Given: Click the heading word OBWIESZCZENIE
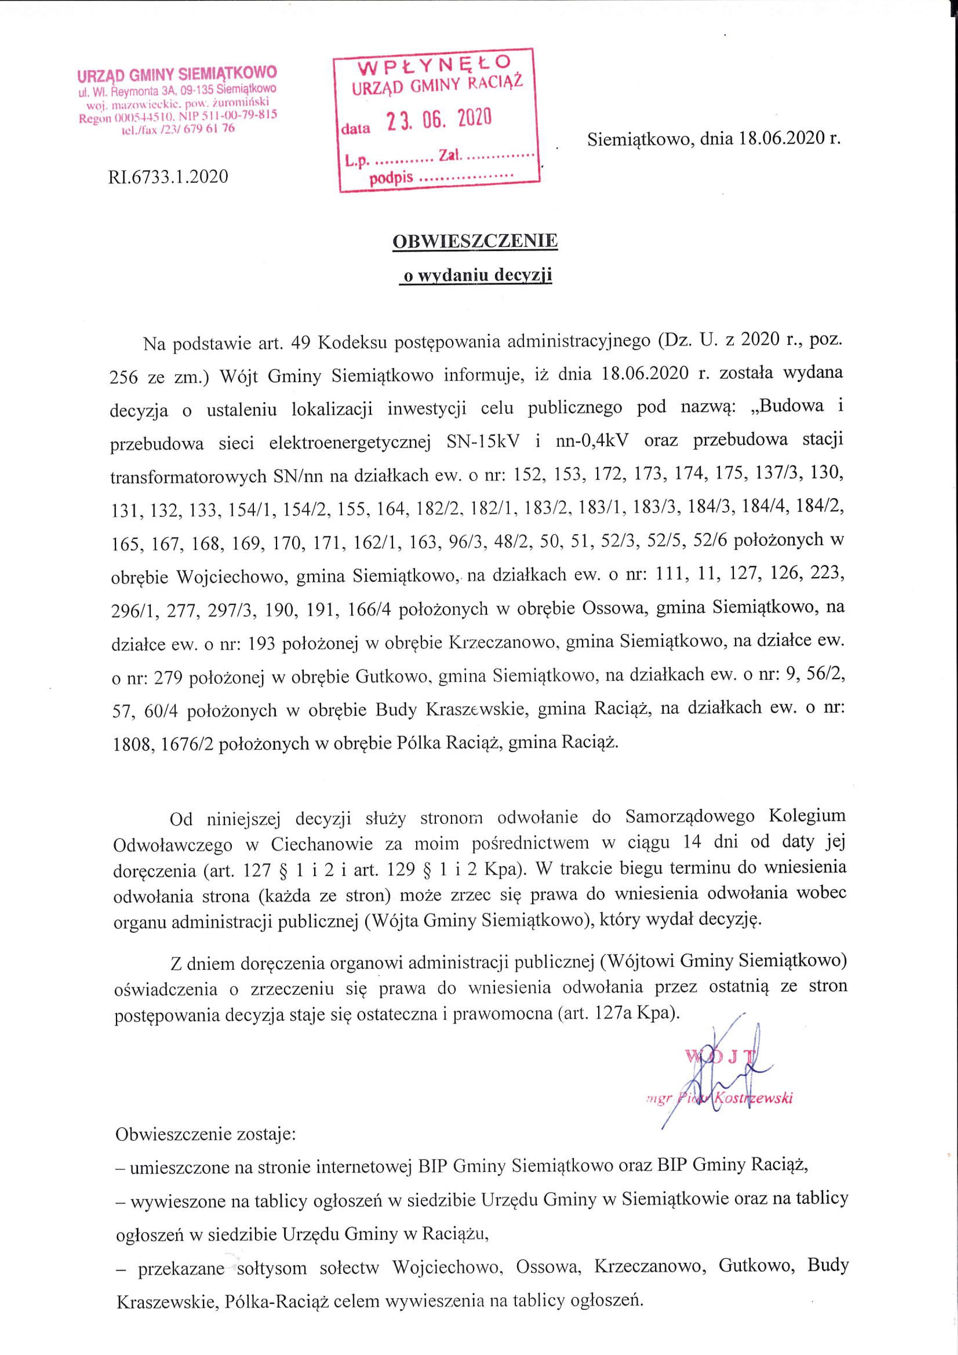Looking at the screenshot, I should pos(475,241).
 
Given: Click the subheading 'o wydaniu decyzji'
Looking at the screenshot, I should pos(475,276).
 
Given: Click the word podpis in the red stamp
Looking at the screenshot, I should pos(391,179).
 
